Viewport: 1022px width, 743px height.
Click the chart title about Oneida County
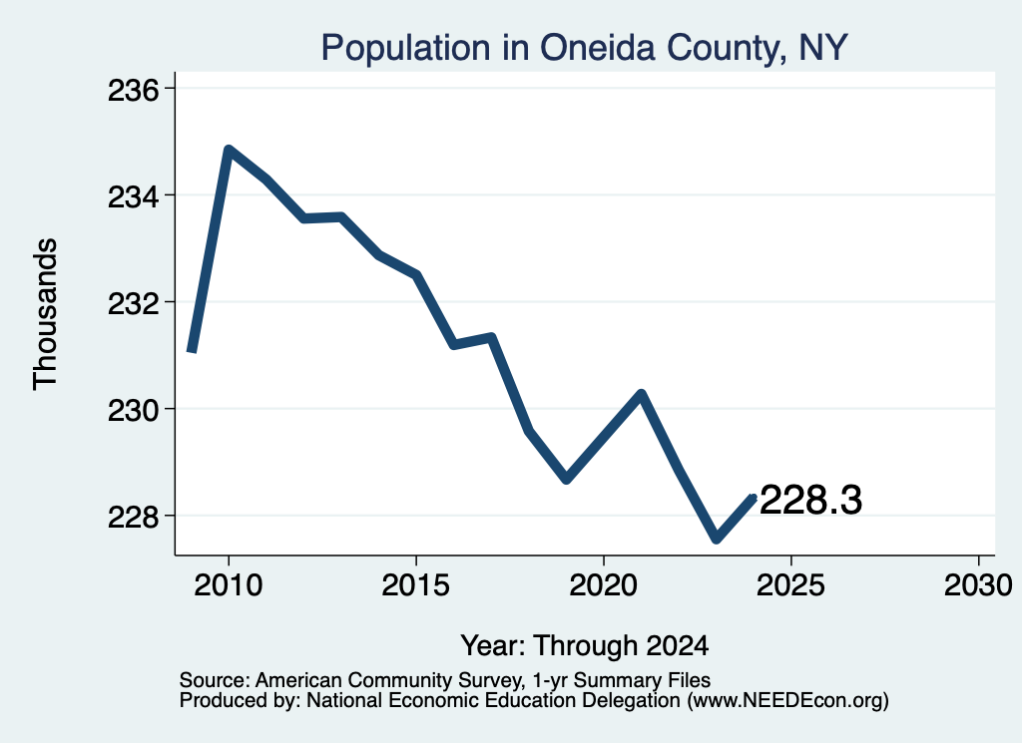[x=584, y=48]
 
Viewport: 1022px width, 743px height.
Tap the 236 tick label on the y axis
[x=133, y=91]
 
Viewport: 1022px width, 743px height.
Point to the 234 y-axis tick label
[x=133, y=197]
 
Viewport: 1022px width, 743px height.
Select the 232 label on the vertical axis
[x=133, y=304]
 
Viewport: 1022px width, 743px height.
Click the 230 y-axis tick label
[x=133, y=411]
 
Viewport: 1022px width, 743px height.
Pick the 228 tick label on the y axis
[x=133, y=518]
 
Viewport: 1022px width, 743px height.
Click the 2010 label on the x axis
[x=229, y=585]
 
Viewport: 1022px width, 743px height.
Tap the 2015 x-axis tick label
[x=416, y=585]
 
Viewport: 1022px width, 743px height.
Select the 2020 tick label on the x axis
[x=604, y=585]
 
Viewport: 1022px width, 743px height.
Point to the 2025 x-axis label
[x=790, y=585]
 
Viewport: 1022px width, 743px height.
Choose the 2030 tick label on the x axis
[x=978, y=585]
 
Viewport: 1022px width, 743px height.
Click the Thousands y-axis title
[x=45, y=314]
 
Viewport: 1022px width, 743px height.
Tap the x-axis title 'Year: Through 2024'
[x=585, y=646]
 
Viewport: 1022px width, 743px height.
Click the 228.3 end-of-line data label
[x=810, y=500]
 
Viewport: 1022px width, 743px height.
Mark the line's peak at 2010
[x=229, y=150]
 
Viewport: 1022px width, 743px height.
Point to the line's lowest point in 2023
[x=717, y=539]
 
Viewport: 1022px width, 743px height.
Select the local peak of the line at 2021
[x=642, y=393]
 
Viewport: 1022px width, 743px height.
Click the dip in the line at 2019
[x=567, y=479]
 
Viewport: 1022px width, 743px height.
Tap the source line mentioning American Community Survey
[x=445, y=680]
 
